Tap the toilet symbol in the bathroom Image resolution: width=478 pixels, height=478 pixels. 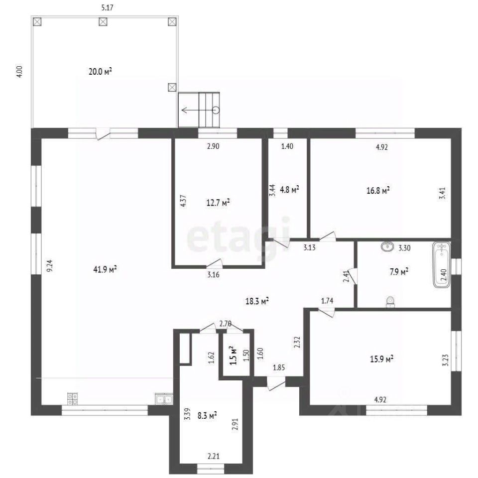390,302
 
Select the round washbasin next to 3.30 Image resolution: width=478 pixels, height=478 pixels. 387,246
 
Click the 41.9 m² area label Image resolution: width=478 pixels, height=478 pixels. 105,269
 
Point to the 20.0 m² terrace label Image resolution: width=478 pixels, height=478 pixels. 100,72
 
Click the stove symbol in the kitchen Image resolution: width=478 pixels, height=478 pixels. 72,399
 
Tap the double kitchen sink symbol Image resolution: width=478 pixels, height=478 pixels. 164,399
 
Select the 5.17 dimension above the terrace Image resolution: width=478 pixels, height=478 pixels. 107,7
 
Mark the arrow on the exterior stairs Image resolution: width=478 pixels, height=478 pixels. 199,110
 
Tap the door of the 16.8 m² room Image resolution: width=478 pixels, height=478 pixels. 327,237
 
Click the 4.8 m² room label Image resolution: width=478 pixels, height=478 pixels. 289,189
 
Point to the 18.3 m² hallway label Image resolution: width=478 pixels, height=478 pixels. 257,301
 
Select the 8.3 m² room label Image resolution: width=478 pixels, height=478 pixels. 207,415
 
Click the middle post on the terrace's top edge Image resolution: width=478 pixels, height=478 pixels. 103,21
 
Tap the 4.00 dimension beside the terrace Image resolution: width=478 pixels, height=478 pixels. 19,72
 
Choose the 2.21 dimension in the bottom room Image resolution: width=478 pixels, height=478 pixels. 214,457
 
